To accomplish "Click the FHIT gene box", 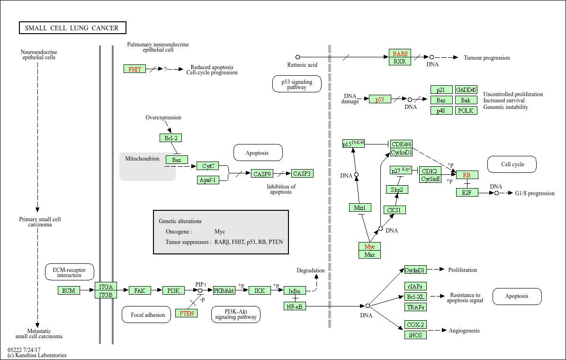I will [135, 69].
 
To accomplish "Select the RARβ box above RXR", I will [400, 54].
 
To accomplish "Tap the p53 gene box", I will [380, 99].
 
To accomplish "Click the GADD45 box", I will [466, 90].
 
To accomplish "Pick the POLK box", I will [466, 110].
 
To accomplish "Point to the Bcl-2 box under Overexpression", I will [171, 138].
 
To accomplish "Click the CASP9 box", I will [262, 174].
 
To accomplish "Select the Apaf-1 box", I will [208, 180].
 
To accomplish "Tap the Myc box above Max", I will [369, 247].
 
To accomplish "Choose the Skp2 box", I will [397, 189].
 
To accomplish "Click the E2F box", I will [467, 192].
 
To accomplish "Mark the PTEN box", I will [187, 314].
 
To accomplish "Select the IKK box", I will [260, 290].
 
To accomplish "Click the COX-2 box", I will [415, 325].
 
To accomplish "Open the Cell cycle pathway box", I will [512, 164].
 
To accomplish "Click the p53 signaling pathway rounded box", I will [297, 84].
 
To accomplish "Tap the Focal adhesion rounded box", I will [148, 315].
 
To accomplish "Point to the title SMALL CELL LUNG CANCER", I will [72, 28].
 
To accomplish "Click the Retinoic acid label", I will [302, 65].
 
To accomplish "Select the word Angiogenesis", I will [464, 331].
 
